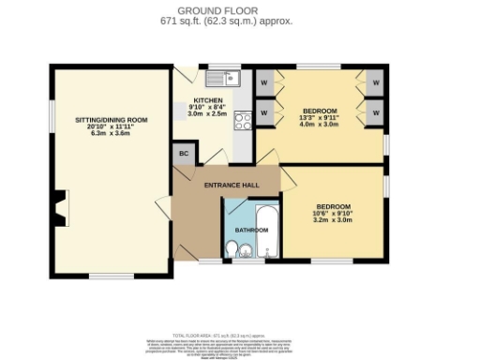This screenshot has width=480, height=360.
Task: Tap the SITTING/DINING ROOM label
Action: click(112, 119)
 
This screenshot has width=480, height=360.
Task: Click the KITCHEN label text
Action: click(208, 100)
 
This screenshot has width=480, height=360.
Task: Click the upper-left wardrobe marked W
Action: click(263, 81)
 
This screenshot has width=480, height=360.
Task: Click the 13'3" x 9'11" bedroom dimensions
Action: click(319, 118)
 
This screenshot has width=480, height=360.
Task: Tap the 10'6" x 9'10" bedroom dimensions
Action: click(333, 214)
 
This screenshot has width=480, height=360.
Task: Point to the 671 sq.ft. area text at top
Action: click(239, 20)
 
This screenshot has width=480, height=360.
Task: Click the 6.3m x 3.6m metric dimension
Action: click(112, 133)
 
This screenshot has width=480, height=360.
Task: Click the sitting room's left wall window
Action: click(52, 113)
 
